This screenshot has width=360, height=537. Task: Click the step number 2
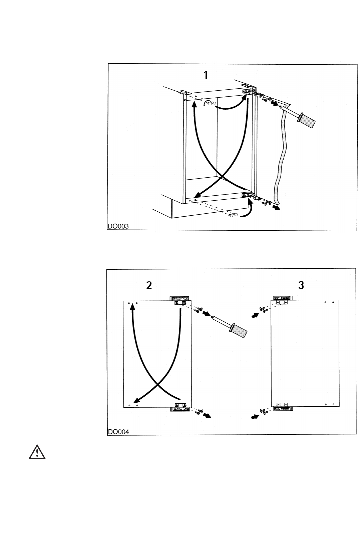coord(149,285)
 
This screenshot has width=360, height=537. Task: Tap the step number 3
coord(301,285)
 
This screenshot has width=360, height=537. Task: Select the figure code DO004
coord(118,432)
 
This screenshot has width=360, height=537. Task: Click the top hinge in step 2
coord(180,300)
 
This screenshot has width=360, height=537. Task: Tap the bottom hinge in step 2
coord(180,407)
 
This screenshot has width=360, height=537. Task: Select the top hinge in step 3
coord(283,300)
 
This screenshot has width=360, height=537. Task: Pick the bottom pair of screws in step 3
coord(263,412)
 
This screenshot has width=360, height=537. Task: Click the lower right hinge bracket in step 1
coord(249,196)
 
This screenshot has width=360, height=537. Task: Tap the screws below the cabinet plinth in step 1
coord(232,216)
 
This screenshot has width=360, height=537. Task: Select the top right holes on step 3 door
coord(329,303)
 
